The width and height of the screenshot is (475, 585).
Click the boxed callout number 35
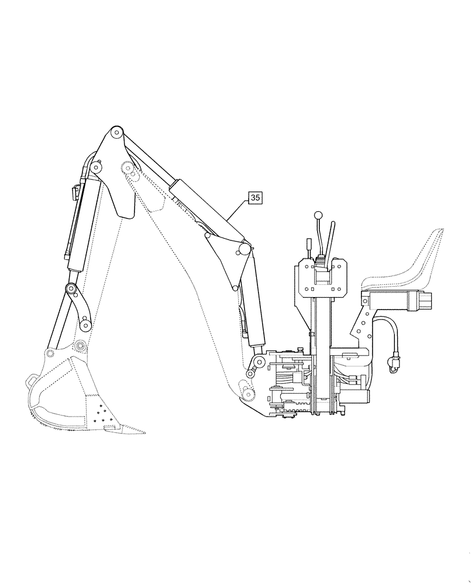point(255,198)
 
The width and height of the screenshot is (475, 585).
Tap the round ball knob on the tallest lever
point(318,215)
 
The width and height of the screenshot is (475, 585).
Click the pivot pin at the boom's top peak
point(116,132)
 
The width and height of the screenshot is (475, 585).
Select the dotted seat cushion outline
point(409,263)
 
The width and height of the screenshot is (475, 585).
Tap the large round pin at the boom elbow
point(242,250)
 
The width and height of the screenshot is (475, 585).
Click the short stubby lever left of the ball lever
point(307,244)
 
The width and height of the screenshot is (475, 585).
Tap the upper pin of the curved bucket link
point(71,288)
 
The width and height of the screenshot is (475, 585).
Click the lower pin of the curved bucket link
point(85,324)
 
